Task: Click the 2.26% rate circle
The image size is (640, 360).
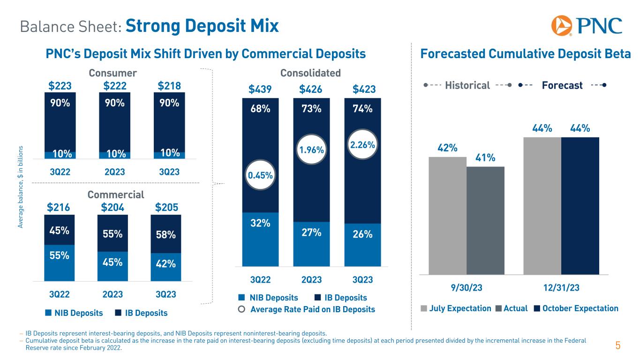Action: pyautogui.click(x=362, y=145)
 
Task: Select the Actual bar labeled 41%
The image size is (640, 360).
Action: pyautogui.click(x=485, y=220)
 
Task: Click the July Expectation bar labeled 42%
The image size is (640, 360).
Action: pyautogui.click(x=447, y=216)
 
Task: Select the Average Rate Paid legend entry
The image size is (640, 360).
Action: pyautogui.click(x=307, y=309)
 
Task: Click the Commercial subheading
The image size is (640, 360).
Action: pyautogui.click(x=116, y=195)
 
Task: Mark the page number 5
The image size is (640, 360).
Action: pyautogui.click(x=617, y=346)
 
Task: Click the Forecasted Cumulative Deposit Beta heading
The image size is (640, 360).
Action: pyautogui.click(x=525, y=54)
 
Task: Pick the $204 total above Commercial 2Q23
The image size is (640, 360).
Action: pyautogui.click(x=113, y=208)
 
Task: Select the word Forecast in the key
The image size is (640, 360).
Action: pyautogui.click(x=562, y=85)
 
